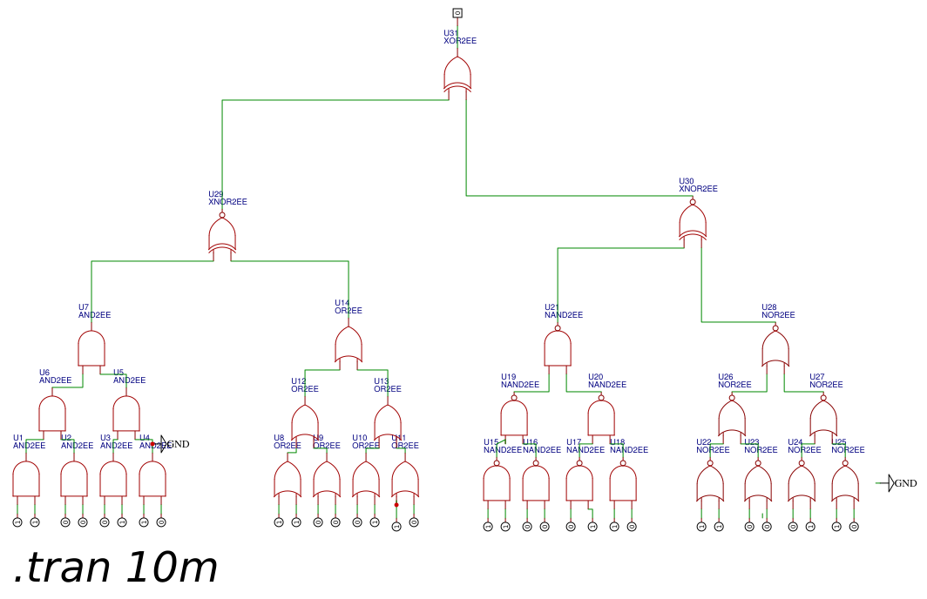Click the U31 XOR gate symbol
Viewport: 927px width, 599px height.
(x=457, y=75)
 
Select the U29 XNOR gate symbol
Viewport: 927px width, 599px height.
(x=222, y=235)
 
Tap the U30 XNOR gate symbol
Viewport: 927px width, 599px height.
(x=693, y=222)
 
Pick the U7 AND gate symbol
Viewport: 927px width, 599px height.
(x=91, y=348)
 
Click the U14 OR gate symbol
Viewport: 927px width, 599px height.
(x=348, y=345)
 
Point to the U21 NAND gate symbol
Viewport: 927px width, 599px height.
(x=558, y=348)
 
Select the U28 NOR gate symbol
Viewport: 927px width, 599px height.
(x=775, y=348)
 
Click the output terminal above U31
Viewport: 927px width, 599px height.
(x=457, y=13)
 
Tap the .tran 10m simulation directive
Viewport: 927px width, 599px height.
(x=115, y=569)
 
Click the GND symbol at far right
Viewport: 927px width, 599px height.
(x=891, y=483)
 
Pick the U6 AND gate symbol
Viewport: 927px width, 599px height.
(x=52, y=414)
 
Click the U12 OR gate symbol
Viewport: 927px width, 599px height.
(x=305, y=422)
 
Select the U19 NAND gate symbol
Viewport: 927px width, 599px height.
(x=514, y=417)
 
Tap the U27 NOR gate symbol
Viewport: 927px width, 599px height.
(x=823, y=418)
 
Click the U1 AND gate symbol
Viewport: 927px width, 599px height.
(x=26, y=479)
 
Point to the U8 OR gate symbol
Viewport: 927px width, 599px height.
(x=288, y=480)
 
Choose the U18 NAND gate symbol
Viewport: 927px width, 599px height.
(x=623, y=482)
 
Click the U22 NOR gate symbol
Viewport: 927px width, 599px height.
(x=710, y=483)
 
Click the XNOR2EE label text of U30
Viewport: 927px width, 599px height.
(x=698, y=189)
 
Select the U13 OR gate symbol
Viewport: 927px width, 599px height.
(x=388, y=422)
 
